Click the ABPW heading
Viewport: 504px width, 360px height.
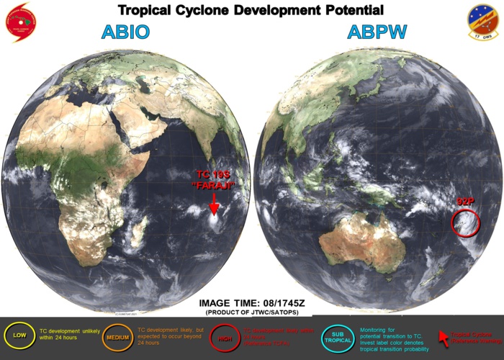(377, 33)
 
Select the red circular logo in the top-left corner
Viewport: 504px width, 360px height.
(22, 22)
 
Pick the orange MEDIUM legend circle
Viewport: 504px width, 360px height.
(116, 335)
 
